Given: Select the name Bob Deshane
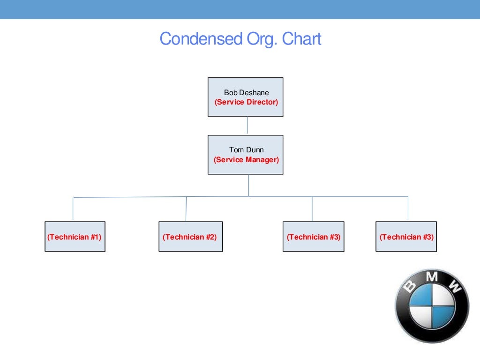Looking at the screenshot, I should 246,93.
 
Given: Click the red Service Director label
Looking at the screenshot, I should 246,102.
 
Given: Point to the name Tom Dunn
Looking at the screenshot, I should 246,150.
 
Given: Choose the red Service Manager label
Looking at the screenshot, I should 246,159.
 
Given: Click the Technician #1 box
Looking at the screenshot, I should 75,237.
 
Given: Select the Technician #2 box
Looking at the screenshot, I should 190,237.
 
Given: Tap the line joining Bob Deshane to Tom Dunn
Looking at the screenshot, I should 247,126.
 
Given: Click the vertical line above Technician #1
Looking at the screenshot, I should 73,209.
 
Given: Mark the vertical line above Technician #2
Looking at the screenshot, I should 186,209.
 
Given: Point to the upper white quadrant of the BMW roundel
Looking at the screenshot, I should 443,296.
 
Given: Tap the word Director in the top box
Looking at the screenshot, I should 262,102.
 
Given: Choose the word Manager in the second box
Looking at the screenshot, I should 262,159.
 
